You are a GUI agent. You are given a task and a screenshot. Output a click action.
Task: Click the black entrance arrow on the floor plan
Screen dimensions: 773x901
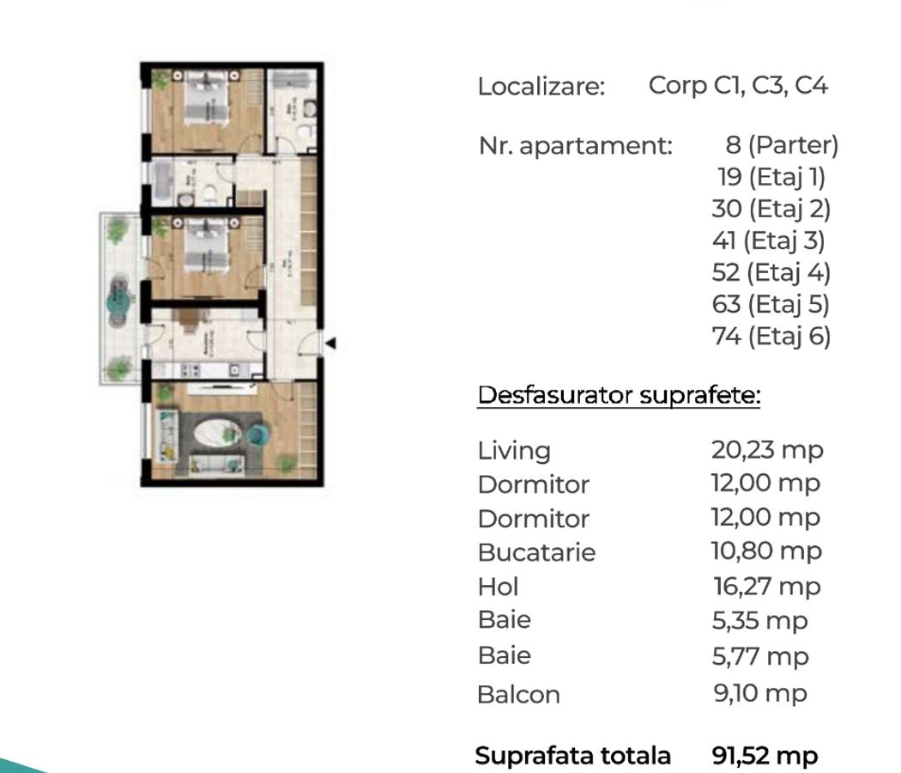pyautogui.click(x=330, y=344)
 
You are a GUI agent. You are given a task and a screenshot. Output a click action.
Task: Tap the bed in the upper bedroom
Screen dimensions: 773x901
pyautogui.click(x=207, y=100)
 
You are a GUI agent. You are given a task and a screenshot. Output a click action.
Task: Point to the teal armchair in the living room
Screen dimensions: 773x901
pyautogui.click(x=257, y=435)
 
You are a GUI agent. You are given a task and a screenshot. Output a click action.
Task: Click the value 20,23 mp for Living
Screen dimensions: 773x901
pyautogui.click(x=766, y=449)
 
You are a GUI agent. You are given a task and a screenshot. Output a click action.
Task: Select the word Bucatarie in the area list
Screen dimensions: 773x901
pyautogui.click(x=536, y=552)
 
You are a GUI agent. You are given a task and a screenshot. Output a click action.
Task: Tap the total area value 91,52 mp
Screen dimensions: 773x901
pyautogui.click(x=765, y=756)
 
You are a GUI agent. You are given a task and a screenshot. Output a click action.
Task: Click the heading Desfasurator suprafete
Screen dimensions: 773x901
pyautogui.click(x=619, y=396)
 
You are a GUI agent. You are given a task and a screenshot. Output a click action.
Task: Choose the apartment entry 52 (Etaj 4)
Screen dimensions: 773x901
pyautogui.click(x=771, y=272)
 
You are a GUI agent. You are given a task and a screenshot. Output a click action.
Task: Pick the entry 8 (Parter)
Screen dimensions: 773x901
pyautogui.click(x=781, y=145)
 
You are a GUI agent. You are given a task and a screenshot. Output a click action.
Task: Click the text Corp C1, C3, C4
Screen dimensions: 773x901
pyautogui.click(x=738, y=86)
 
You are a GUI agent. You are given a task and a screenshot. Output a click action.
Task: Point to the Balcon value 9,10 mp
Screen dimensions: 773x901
pyautogui.click(x=759, y=693)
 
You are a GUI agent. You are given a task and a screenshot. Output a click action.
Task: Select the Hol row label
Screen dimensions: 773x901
pyautogui.click(x=499, y=587)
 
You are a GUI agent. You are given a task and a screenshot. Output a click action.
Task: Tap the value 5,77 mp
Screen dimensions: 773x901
pyautogui.click(x=760, y=656)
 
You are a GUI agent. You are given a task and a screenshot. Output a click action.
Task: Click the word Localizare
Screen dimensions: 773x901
pyautogui.click(x=541, y=87)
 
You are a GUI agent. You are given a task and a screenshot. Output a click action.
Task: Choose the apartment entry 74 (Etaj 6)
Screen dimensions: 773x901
pyautogui.click(x=771, y=336)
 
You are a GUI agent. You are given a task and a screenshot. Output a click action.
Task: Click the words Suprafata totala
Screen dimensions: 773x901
pyautogui.click(x=572, y=756)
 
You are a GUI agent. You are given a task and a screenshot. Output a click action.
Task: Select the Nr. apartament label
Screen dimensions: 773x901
pyautogui.click(x=575, y=146)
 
